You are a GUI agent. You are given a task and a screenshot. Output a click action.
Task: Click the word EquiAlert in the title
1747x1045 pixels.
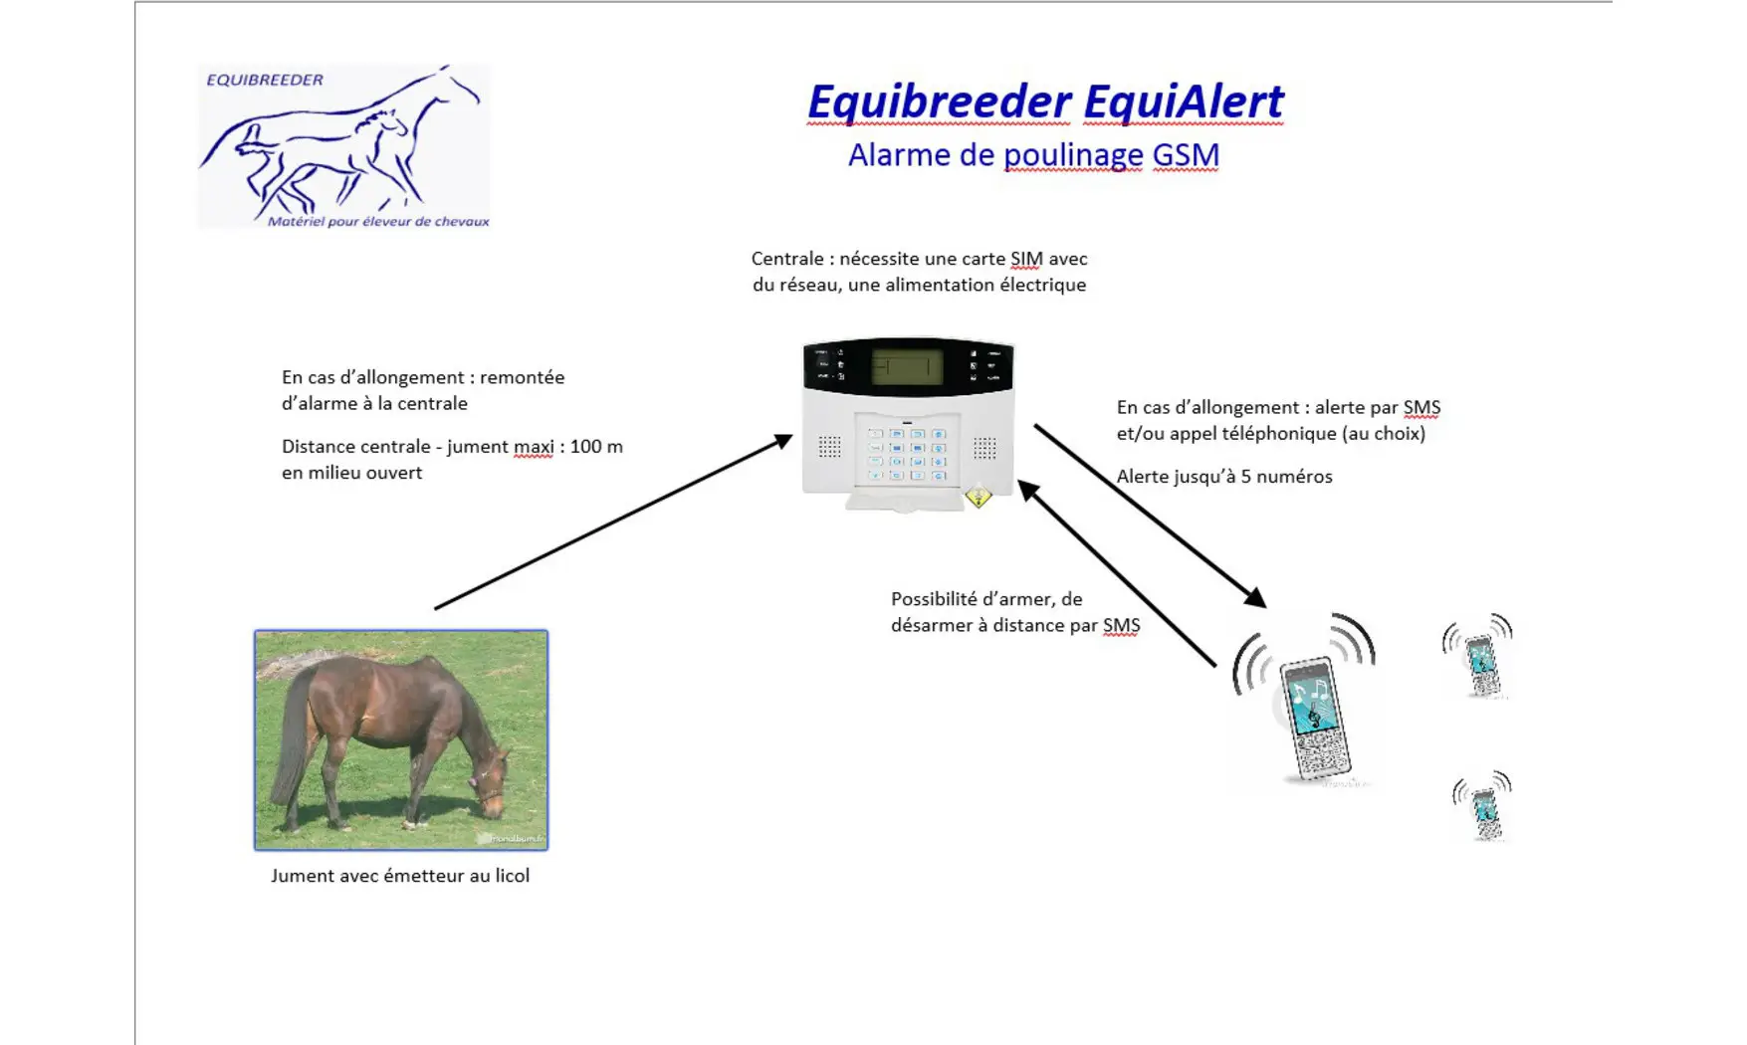[1184, 102]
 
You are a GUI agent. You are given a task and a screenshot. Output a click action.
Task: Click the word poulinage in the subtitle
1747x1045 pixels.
[1073, 155]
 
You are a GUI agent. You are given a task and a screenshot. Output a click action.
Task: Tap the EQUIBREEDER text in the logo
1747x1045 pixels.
[265, 80]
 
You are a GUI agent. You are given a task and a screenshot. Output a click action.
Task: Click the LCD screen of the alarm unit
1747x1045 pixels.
[906, 366]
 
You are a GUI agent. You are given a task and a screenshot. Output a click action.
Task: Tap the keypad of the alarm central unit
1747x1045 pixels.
[907, 453]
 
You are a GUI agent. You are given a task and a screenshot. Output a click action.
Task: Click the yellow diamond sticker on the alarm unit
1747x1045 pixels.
[979, 496]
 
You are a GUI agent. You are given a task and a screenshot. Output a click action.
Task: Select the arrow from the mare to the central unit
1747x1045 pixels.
[613, 522]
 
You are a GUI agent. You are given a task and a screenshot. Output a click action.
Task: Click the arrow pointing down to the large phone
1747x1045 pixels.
[1151, 516]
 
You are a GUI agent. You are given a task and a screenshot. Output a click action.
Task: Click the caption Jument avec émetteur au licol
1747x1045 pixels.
[400, 876]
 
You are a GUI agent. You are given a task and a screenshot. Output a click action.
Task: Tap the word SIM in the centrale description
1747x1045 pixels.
[1026, 259]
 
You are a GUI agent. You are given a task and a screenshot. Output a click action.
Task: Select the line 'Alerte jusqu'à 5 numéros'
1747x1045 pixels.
[1224, 477]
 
